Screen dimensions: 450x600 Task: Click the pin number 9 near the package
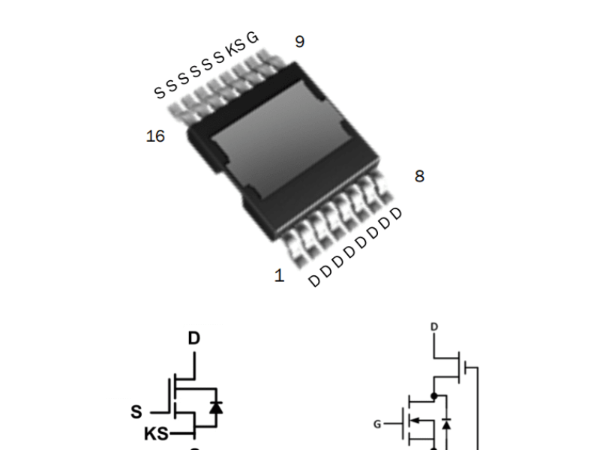299,41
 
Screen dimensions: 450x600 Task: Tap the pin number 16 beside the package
155,136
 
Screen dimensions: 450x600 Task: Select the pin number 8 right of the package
419,176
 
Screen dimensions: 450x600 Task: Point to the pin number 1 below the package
280,276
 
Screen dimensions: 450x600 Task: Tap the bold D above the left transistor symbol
194,339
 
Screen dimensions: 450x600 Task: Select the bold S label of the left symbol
136,412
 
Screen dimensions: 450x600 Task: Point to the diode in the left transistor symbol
217,407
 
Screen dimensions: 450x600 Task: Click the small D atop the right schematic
433,327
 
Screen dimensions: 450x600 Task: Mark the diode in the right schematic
447,425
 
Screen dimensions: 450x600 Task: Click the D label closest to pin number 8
397,213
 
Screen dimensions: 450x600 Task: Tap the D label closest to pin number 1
314,281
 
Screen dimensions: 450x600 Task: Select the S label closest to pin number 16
159,92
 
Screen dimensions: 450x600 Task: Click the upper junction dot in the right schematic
433,394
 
